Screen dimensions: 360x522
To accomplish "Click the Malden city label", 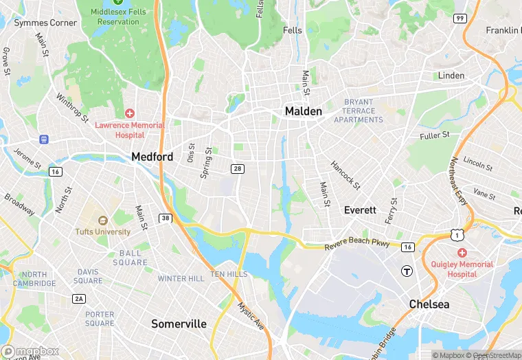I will click(x=303, y=111).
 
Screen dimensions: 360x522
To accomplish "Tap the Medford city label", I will click(x=152, y=157).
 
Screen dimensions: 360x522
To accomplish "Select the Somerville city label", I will click(x=179, y=324).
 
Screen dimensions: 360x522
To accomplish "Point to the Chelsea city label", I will click(x=429, y=304).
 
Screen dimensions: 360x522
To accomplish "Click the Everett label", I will click(x=360, y=210).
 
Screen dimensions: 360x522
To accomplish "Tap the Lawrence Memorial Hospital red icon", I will click(x=130, y=113).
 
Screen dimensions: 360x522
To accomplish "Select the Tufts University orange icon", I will click(x=103, y=221).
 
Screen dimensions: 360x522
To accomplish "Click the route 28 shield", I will click(x=238, y=168).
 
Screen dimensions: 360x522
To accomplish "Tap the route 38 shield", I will click(x=165, y=218).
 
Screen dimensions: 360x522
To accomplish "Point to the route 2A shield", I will click(x=80, y=298).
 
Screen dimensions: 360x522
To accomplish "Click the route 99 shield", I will click(x=459, y=18).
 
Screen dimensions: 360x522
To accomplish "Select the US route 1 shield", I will click(x=457, y=236).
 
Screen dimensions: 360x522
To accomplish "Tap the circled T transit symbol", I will click(x=407, y=271).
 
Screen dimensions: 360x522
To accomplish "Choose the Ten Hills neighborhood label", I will click(x=229, y=274).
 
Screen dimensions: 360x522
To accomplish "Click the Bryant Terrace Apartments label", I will click(x=359, y=111).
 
